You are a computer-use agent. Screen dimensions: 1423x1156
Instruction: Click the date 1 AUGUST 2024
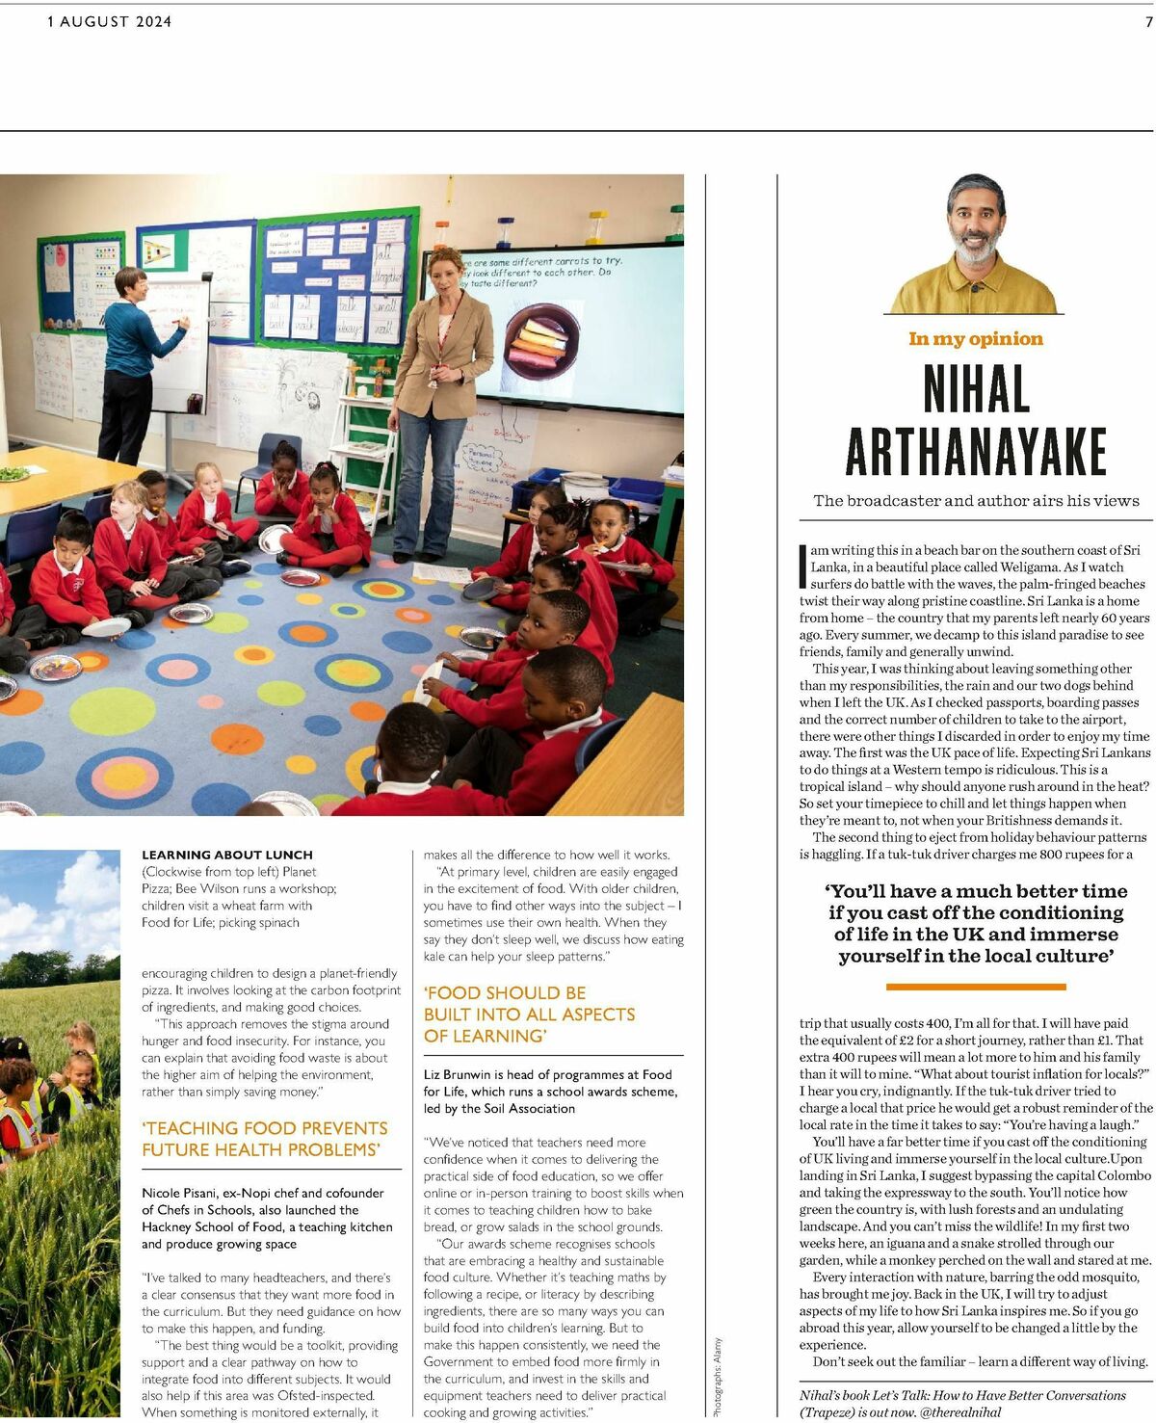109,21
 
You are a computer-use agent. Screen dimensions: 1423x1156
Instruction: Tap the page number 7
1148,21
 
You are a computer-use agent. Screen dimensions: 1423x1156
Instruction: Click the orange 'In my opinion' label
975,338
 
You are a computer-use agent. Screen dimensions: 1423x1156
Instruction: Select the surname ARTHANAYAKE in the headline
975,451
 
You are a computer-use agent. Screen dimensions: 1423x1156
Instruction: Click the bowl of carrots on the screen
542,339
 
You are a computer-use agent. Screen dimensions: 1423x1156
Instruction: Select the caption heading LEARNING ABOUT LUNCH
227,855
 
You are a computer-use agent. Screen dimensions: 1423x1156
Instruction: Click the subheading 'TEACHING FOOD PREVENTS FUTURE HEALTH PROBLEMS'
265,1139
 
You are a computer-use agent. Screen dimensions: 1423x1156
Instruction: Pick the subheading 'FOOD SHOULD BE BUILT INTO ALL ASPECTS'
530,1014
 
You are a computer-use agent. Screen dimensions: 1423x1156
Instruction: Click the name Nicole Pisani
179,1193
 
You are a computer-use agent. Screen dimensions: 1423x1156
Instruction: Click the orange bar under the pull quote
975,987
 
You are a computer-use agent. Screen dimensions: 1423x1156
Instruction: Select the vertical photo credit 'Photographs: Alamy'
718,1376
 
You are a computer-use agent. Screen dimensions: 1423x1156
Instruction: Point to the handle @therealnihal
960,1411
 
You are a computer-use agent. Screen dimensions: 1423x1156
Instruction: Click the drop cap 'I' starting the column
802,566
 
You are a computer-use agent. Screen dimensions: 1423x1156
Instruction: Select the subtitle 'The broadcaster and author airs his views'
975,500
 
